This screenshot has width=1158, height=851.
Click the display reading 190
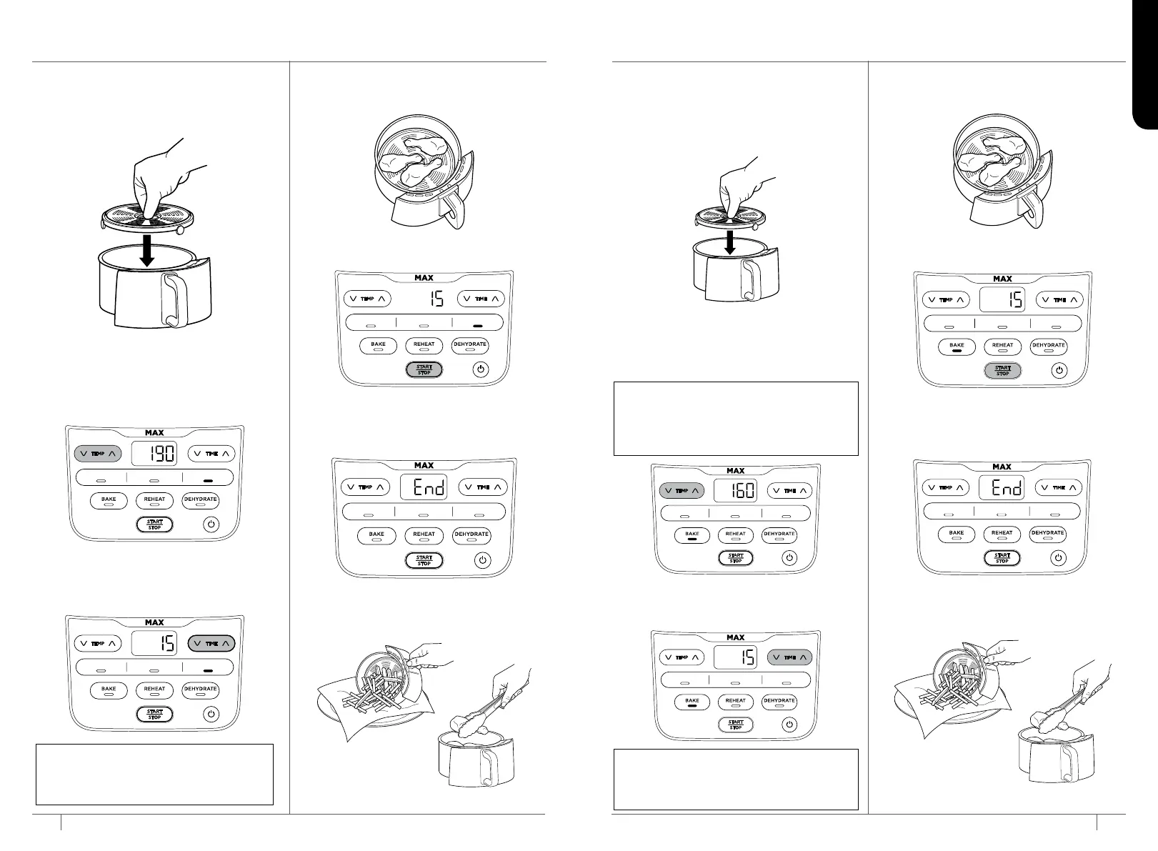(154, 454)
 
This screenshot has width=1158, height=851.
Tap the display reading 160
(735, 491)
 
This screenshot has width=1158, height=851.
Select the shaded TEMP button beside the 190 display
(98, 454)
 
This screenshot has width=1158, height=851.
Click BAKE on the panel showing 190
(109, 500)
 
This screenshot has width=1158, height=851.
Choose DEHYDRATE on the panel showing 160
(779, 535)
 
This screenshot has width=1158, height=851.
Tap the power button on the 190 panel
(211, 524)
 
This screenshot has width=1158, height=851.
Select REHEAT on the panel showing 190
(154, 500)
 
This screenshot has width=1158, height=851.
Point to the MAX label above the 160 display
(735, 471)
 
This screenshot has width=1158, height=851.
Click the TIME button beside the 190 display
(211, 454)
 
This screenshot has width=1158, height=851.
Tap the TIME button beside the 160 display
(789, 491)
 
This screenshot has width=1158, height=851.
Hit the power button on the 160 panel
(789, 558)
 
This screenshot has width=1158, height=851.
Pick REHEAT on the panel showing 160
(735, 535)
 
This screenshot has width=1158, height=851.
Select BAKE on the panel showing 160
(692, 535)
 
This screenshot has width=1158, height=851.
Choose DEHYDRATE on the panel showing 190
(200, 500)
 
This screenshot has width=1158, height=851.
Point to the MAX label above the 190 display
(154, 433)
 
